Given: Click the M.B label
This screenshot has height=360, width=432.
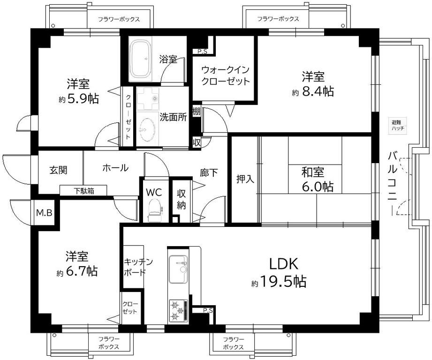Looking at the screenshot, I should pyautogui.click(x=44, y=213).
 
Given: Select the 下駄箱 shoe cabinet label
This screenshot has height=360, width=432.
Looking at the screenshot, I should pyautogui.click(x=83, y=190).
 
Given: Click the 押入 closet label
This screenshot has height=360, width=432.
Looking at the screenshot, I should pyautogui.click(x=245, y=179).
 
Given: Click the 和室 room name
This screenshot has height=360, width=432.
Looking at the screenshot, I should pyautogui.click(x=312, y=172).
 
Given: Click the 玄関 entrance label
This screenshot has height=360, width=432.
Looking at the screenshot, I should pyautogui.click(x=58, y=170).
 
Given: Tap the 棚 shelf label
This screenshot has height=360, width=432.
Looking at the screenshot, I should pyautogui.click(x=196, y=112).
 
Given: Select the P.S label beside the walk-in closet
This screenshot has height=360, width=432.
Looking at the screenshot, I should pyautogui.click(x=202, y=51).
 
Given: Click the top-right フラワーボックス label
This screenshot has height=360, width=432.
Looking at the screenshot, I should pyautogui.click(x=278, y=19).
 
